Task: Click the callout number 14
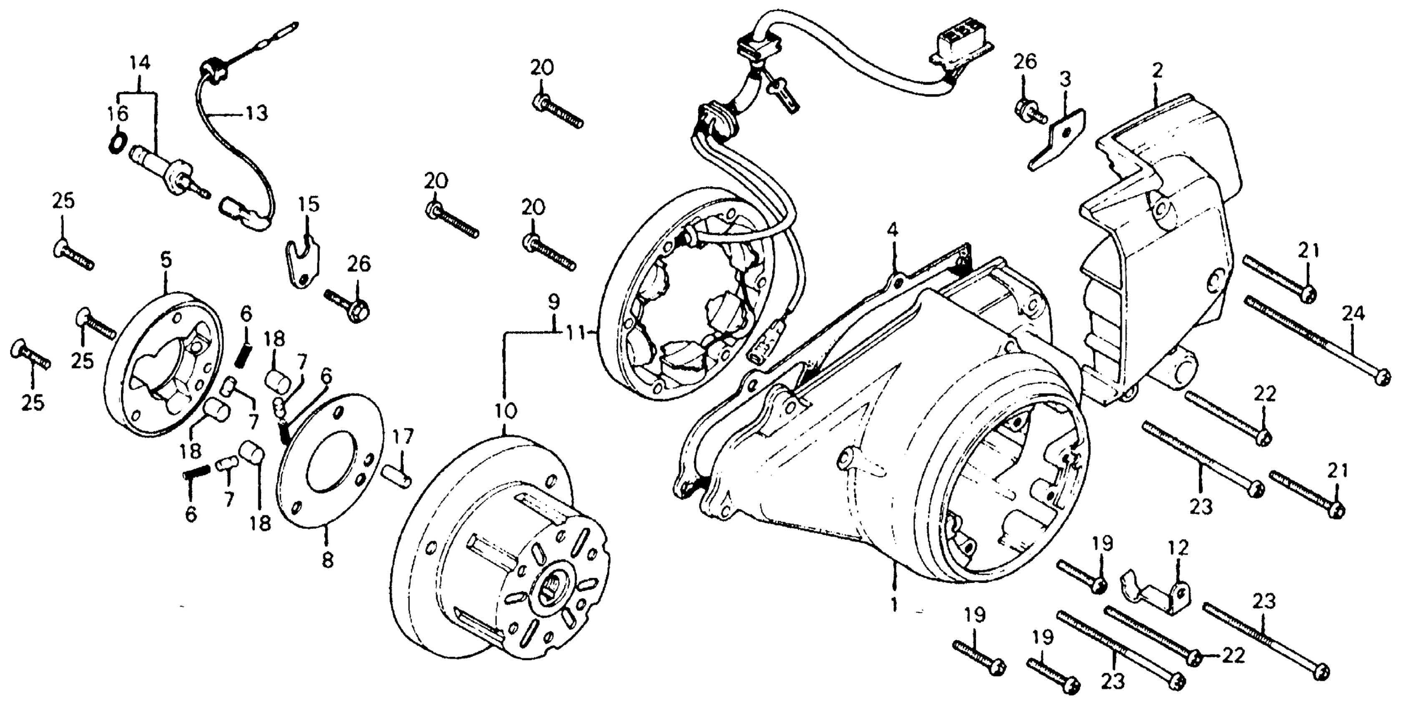139,63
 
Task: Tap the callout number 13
257,114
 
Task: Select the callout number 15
309,205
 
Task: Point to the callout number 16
118,114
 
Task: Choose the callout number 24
1353,314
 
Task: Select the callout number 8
327,560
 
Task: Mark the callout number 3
1065,80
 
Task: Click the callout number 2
1157,71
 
